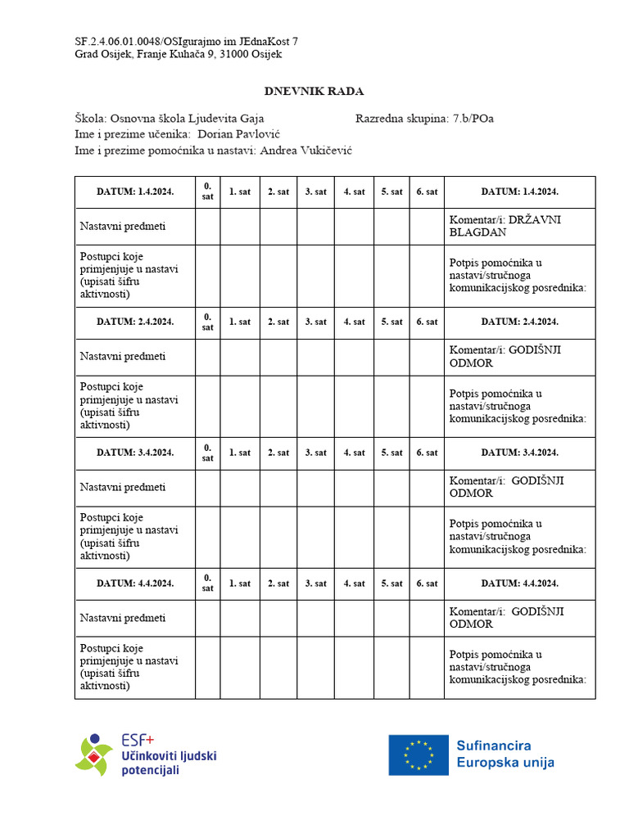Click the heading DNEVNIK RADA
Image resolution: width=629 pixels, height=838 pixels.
pos(314,91)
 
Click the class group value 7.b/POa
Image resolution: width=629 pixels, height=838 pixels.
pos(473,119)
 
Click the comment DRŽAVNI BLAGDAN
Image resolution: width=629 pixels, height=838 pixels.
pos(505,226)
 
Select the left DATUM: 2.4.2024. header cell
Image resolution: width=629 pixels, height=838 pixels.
pos(135,322)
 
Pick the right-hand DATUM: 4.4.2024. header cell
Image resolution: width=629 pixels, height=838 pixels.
pos(519,583)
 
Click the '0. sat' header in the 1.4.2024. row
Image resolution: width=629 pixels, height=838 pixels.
pos(207,191)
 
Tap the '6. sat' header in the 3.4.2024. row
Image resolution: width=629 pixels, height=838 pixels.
pos(427,453)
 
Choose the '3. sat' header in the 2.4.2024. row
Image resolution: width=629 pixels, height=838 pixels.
pos(315,322)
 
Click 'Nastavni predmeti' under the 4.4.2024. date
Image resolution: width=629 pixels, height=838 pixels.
pos(123,618)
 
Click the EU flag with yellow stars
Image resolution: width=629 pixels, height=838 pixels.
pos(419,755)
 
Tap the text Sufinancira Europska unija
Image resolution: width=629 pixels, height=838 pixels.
pos(505,754)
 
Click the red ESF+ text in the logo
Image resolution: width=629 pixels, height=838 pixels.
pos(138,738)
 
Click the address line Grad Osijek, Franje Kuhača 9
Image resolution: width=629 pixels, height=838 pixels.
pos(179,54)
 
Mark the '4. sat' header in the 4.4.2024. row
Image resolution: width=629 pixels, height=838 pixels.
pos(354,583)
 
